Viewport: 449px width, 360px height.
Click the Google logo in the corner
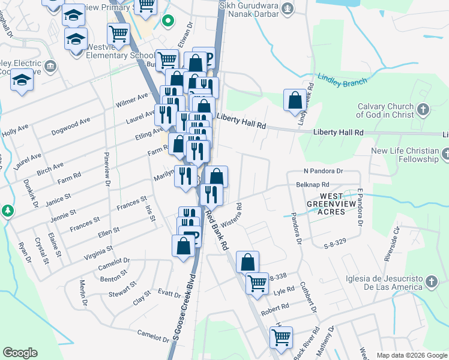coord(19,353)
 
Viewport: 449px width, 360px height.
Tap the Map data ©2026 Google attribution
coord(411,355)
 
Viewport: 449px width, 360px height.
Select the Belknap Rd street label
coord(313,185)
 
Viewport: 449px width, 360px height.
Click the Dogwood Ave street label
coord(70,126)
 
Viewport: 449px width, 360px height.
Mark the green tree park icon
coord(7,211)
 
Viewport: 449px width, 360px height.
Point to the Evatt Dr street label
coord(169,295)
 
